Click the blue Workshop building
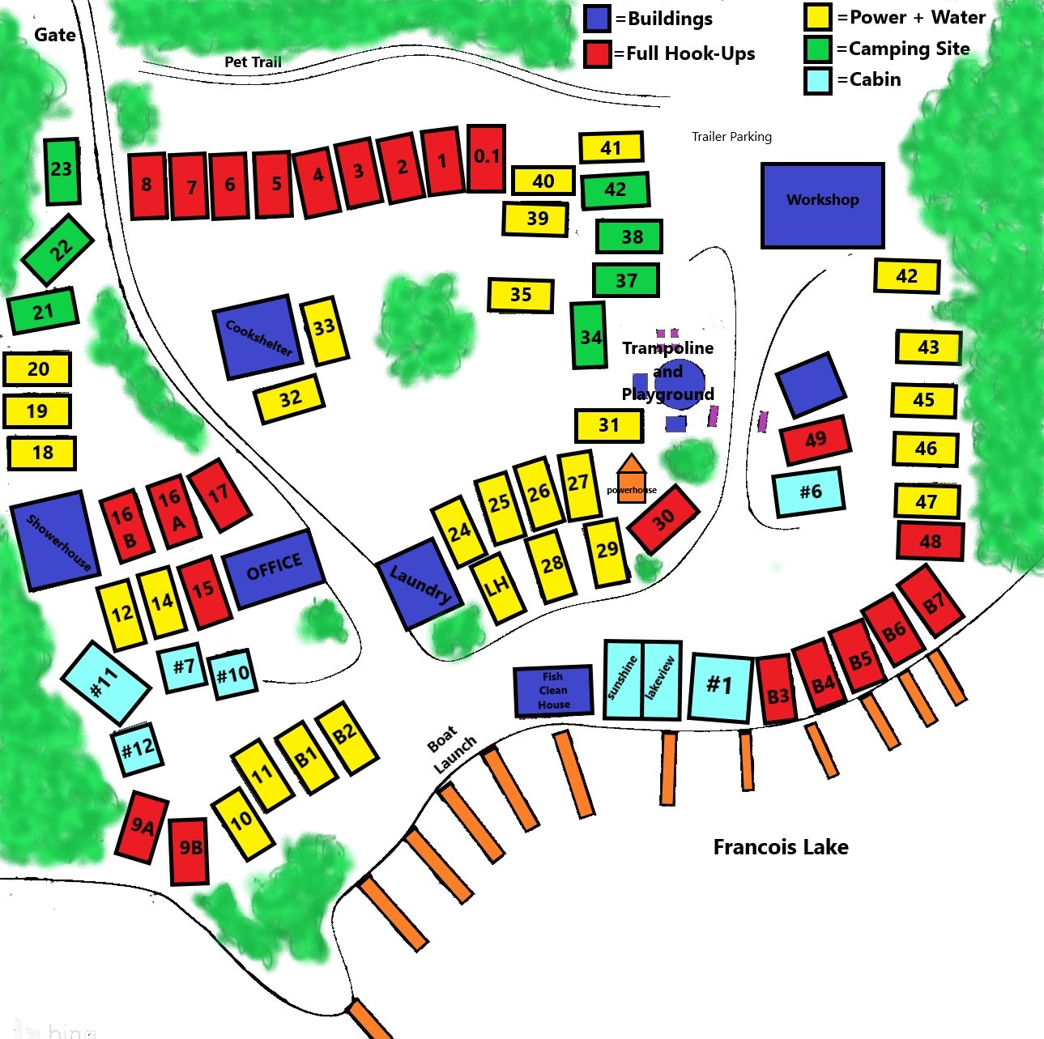[x=822, y=205]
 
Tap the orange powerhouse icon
[x=631, y=479]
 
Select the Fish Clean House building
[x=553, y=691]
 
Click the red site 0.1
[x=486, y=158]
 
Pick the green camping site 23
[x=62, y=171]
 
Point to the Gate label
[x=55, y=35]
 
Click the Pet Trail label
[x=253, y=62]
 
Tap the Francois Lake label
[x=781, y=847]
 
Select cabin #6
[x=809, y=492]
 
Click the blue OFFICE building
[x=274, y=568]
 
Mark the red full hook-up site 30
[x=663, y=519]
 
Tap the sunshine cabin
[x=623, y=680]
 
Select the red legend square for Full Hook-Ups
[x=597, y=54]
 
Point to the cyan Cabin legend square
[x=818, y=80]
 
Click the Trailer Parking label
[x=731, y=136]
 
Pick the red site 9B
[x=190, y=850]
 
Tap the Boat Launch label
[x=451, y=749]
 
